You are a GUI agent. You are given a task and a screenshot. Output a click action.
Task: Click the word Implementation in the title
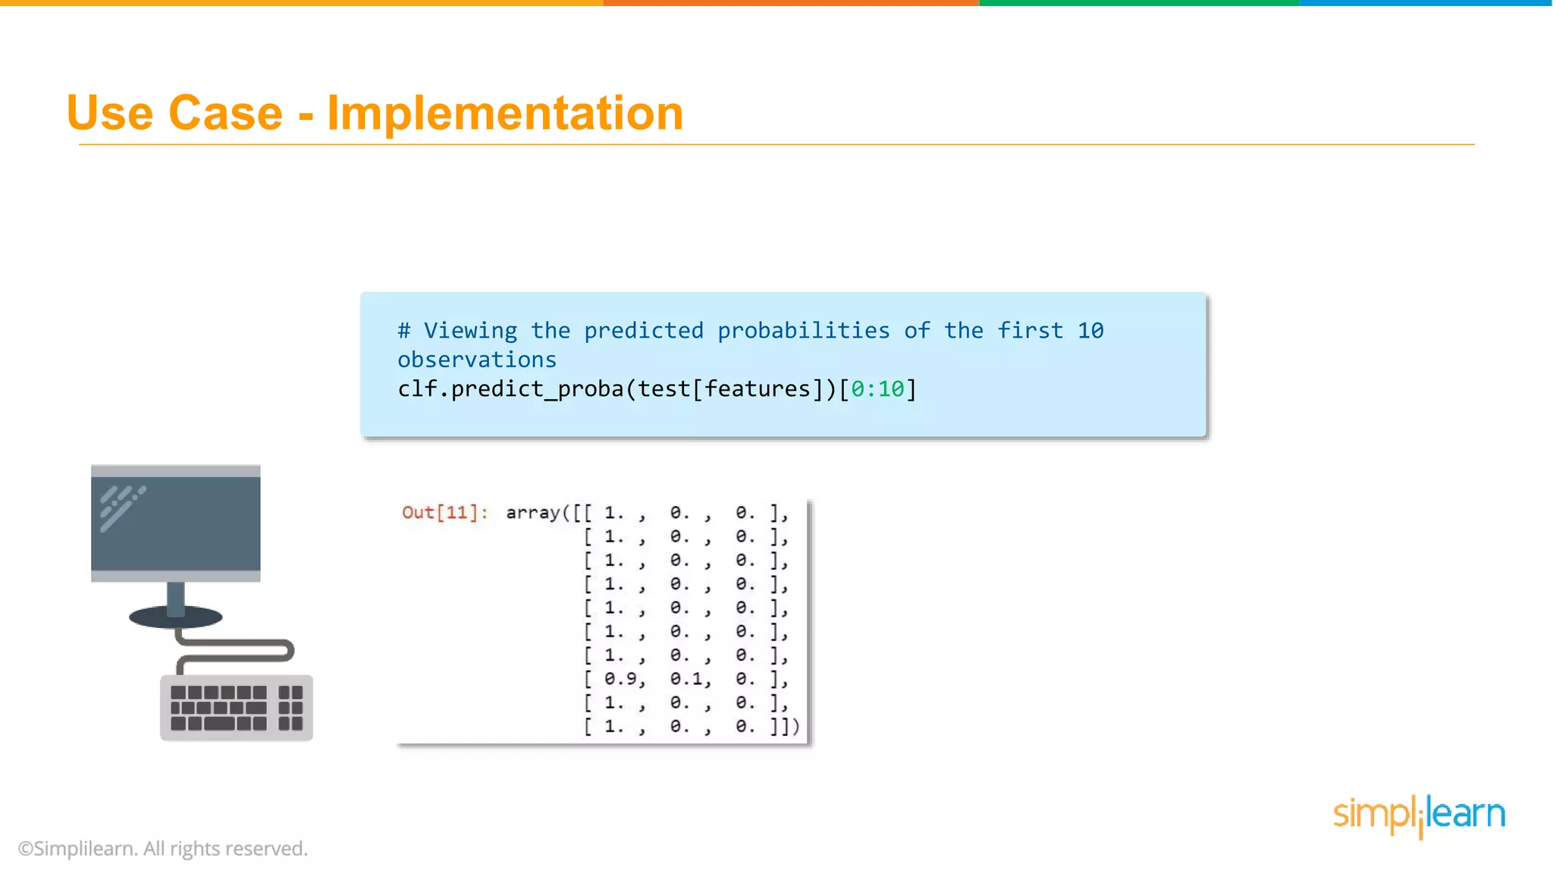coord(505,114)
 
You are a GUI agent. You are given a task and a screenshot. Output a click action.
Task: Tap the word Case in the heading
coord(225,114)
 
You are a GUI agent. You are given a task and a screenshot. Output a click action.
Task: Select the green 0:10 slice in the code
coord(877,389)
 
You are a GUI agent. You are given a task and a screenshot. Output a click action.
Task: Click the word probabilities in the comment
coord(803,331)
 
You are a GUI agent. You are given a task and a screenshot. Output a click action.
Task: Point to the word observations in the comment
coord(477,360)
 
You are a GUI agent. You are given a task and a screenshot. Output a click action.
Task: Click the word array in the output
coord(533,513)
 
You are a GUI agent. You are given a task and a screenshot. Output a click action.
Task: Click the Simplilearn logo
coord(1419,815)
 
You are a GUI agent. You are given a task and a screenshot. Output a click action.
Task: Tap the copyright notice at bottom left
coord(162,848)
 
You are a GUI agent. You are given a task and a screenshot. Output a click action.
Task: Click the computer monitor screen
coord(176,523)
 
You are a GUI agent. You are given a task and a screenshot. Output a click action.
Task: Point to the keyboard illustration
coord(236,708)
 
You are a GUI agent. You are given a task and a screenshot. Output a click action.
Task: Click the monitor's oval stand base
coord(176,617)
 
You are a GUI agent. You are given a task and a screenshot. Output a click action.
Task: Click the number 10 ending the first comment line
coord(1090,331)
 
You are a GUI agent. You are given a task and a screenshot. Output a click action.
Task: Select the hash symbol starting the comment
coord(404,331)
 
